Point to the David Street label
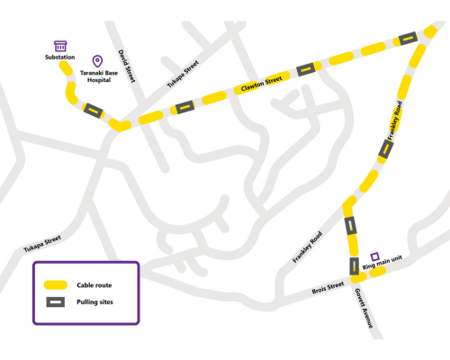point(127,66)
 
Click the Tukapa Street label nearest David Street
point(182,75)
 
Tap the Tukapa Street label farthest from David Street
point(41,241)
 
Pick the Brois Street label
point(328,286)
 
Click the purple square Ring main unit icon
point(375,256)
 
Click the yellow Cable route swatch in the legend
point(56,283)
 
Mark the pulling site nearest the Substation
point(92,110)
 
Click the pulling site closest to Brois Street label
point(355,265)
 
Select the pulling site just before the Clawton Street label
point(184,107)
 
